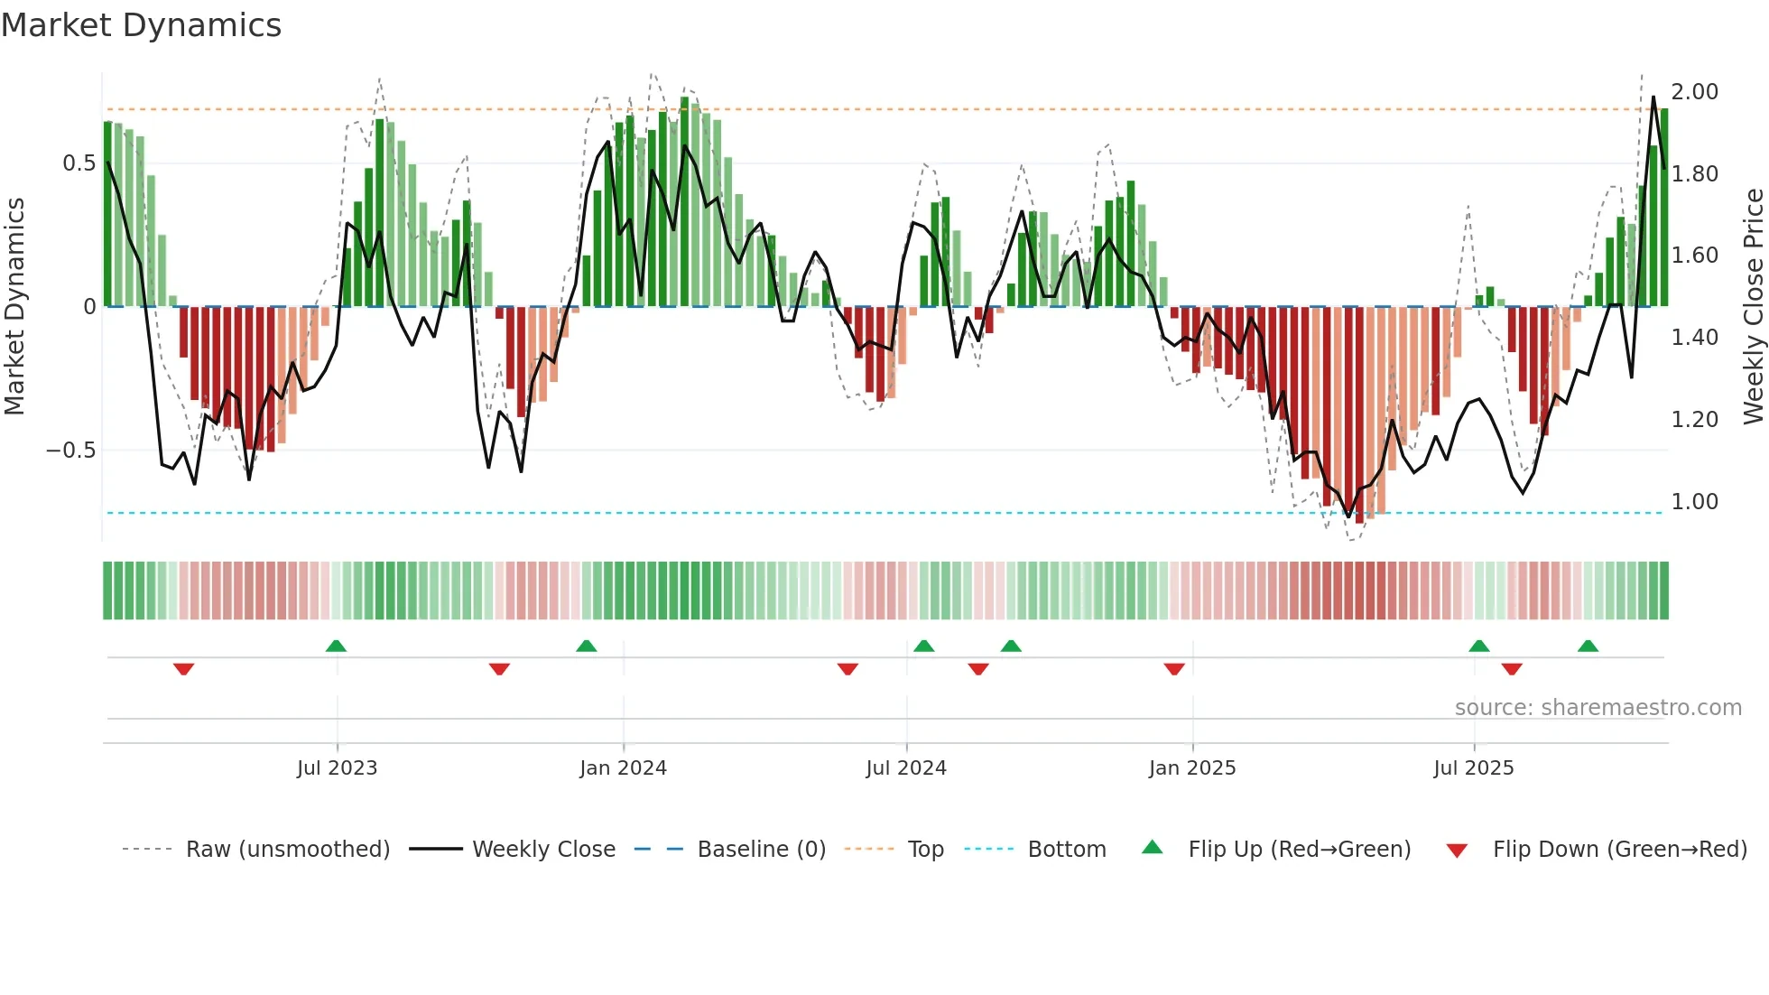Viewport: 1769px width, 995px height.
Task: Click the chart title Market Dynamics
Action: (x=141, y=25)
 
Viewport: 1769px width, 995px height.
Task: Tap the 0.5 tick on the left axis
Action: (x=79, y=163)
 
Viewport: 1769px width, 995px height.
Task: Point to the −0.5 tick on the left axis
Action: (x=71, y=450)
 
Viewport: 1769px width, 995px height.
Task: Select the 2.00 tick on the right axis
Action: (x=1694, y=92)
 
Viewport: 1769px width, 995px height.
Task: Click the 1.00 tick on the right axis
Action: (x=1694, y=502)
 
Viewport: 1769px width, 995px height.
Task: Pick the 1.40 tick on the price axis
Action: (x=1694, y=338)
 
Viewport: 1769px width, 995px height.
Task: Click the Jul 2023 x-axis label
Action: (x=337, y=768)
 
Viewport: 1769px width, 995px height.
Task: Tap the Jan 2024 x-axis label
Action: (x=623, y=768)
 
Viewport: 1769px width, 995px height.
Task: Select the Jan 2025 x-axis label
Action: (x=1191, y=768)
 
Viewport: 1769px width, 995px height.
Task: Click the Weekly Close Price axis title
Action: (x=1753, y=306)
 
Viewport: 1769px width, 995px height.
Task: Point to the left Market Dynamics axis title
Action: (x=14, y=306)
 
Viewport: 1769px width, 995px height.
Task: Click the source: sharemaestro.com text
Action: (x=1598, y=708)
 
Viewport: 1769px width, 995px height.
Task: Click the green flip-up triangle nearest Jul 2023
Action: (x=336, y=646)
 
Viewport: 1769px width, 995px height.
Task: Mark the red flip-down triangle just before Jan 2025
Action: (x=1174, y=669)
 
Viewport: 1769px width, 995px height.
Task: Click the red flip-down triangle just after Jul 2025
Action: (x=1512, y=669)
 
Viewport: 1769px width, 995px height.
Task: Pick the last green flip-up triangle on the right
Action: (x=1588, y=646)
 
